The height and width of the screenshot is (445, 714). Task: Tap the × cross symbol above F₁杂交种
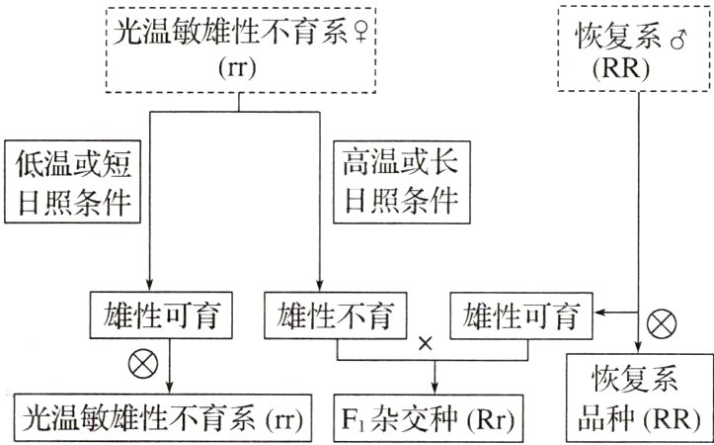point(427,343)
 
